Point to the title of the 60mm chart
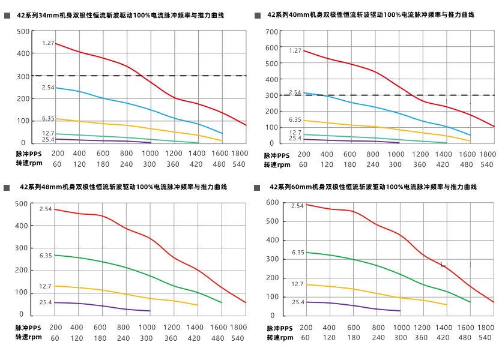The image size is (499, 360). coord(373,187)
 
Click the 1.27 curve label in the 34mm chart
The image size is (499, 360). coord(48,43)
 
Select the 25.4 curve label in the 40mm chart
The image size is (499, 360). coord(295,138)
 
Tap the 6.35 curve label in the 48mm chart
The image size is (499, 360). coord(46,256)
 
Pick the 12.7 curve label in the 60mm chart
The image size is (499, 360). coord(297,284)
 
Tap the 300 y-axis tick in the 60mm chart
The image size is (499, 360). coord(273,259)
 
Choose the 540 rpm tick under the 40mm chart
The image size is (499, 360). coord(486,164)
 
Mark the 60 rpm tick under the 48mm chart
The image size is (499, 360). coord(55,338)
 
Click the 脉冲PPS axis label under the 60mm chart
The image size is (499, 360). coord(280,328)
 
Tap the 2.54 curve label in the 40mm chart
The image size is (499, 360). coord(295,92)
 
